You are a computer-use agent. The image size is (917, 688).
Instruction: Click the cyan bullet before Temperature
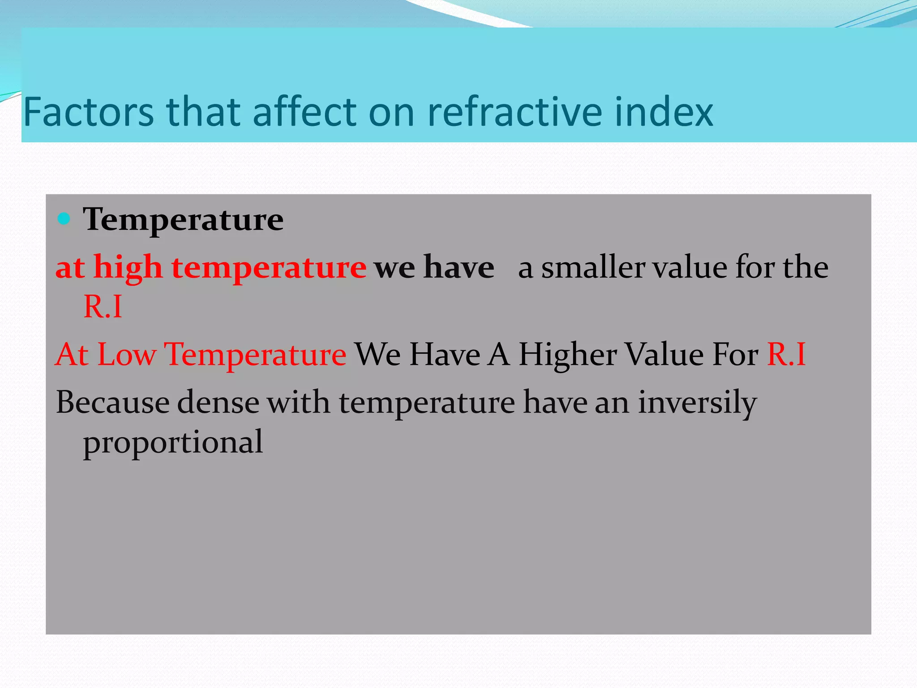point(64,219)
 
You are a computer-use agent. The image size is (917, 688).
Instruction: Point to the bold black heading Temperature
point(183,219)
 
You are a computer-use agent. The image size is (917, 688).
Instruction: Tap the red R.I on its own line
point(103,307)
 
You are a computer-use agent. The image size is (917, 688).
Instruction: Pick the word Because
point(112,402)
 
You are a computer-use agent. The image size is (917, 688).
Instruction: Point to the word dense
point(218,402)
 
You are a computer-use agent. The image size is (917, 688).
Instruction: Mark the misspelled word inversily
point(697,402)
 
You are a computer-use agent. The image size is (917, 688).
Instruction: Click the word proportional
point(173,442)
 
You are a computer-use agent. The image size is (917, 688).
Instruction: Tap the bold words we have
point(434,267)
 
